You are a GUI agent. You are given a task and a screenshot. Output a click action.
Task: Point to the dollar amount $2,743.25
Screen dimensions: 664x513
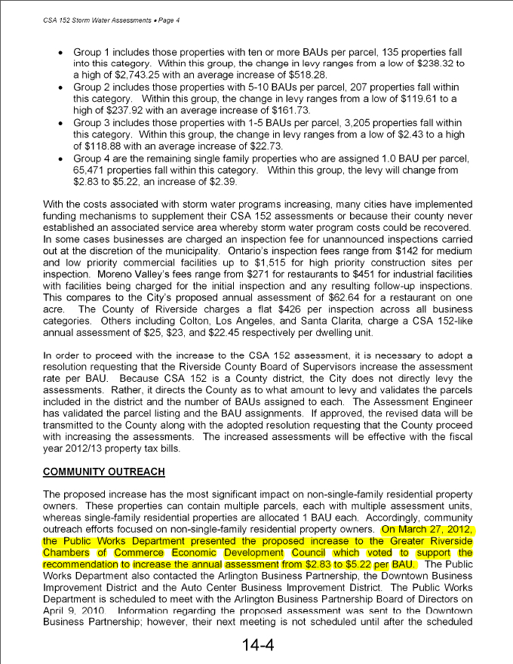[x=121, y=76]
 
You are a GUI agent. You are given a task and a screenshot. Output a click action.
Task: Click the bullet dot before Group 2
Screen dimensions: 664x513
[x=60, y=88]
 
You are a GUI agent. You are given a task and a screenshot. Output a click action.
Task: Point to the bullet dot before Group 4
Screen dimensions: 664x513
[x=60, y=158]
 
